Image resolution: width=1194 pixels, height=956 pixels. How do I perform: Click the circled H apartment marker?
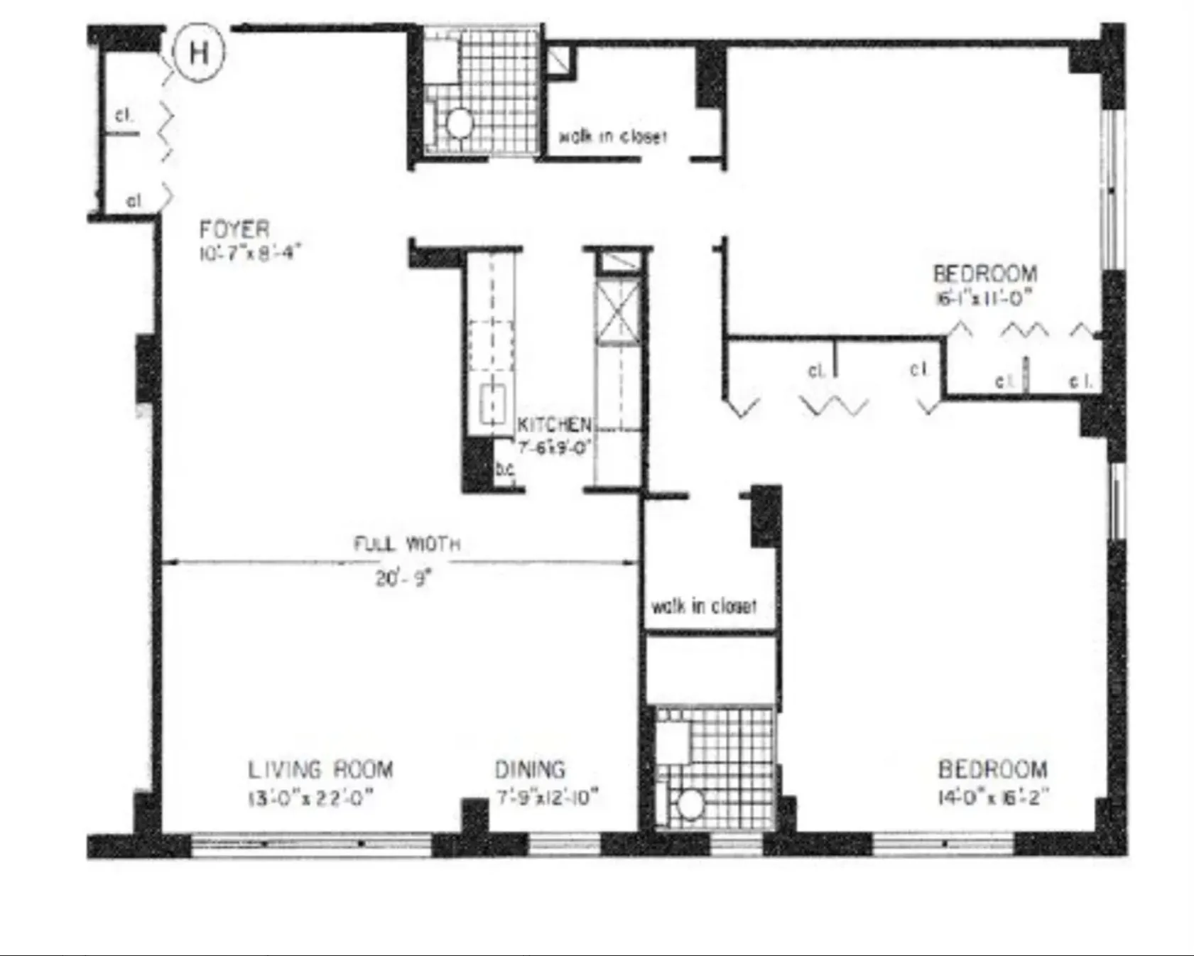199,53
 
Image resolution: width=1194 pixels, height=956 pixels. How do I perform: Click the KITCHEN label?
553,425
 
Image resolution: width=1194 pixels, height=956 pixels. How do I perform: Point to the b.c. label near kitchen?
505,469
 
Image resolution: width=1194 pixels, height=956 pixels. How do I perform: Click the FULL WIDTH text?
407,544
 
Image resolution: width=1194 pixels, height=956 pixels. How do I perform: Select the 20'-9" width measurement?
403,578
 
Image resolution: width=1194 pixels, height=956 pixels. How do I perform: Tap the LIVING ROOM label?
320,770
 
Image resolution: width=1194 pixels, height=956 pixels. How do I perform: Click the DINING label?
530,770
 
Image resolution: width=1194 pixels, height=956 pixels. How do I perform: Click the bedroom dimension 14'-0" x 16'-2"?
993,796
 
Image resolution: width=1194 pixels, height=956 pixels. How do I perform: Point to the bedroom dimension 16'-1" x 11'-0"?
984,298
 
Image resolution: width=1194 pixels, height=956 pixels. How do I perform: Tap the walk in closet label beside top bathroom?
613,136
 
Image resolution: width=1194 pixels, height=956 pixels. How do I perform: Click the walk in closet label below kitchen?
704,606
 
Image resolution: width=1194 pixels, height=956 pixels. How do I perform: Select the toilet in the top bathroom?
459,124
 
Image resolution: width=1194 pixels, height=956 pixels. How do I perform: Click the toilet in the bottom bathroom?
688,805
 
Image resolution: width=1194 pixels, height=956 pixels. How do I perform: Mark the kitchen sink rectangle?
492,402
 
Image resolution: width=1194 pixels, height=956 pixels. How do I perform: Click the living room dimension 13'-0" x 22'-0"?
311,798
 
